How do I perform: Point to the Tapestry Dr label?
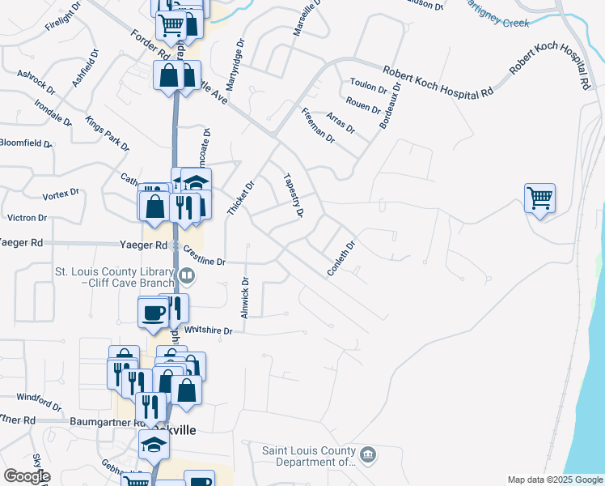293,196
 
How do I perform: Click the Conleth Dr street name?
341,259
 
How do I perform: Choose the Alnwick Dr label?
244,297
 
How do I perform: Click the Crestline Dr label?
203,256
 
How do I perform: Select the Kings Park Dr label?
107,134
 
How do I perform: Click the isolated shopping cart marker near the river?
539,197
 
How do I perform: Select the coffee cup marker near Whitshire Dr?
153,312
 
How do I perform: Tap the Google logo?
27,476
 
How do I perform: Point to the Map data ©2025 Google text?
554,480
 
